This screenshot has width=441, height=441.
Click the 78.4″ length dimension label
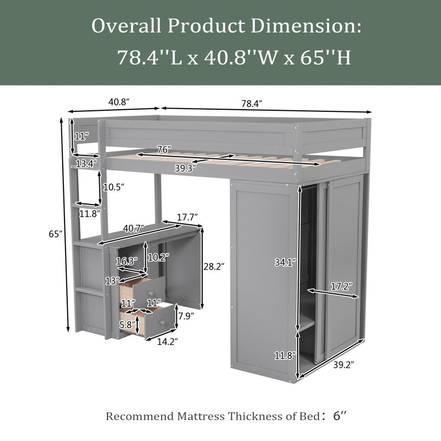point(251,104)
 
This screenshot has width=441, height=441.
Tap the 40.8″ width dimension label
point(119,102)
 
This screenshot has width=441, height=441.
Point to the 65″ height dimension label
point(56,234)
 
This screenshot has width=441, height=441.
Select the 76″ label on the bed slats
point(164,149)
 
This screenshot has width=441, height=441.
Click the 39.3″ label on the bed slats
point(185,168)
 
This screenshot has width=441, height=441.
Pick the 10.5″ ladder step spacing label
point(114,187)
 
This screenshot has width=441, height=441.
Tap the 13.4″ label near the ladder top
point(87,164)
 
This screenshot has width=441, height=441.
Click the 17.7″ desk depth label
point(187,217)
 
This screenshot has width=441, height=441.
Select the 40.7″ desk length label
point(133,228)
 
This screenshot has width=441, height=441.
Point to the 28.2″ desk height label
point(214,266)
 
